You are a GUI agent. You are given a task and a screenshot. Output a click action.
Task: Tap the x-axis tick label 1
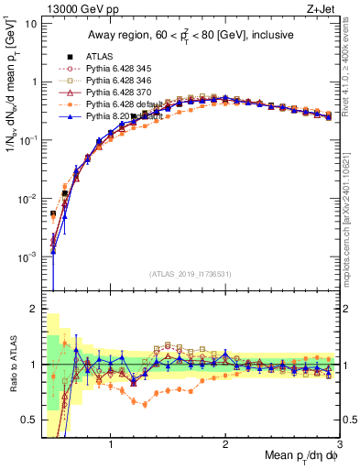[111, 445]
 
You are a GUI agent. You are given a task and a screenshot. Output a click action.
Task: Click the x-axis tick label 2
[225, 445]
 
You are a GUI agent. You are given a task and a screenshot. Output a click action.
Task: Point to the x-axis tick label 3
[339, 445]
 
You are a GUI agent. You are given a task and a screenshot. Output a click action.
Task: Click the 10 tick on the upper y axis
[31, 23]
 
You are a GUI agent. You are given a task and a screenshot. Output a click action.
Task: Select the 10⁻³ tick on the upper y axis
[27, 257]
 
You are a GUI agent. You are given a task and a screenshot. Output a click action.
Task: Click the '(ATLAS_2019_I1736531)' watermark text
[190, 274]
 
